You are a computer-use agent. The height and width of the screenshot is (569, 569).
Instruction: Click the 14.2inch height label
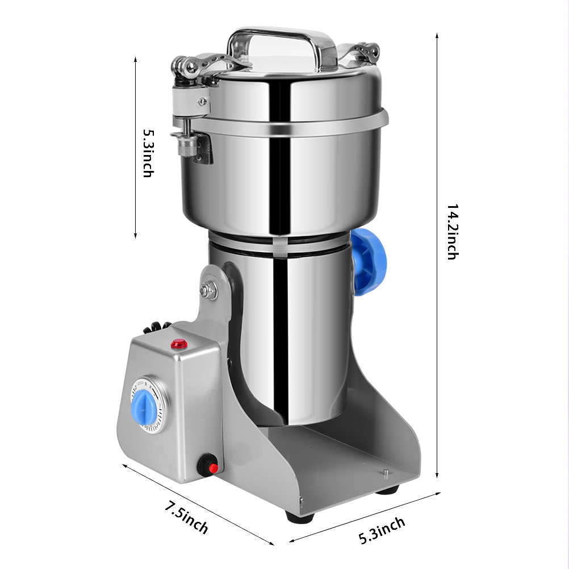[453, 232]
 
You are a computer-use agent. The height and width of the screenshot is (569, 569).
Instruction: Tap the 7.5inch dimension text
[186, 517]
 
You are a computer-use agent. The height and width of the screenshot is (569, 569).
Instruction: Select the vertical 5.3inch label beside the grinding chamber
[148, 153]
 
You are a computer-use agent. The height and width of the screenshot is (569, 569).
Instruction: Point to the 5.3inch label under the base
[382, 530]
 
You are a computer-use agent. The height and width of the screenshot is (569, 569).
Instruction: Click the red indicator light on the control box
[179, 344]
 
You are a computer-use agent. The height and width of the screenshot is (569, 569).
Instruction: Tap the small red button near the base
[213, 468]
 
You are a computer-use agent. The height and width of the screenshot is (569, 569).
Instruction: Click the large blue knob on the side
[368, 262]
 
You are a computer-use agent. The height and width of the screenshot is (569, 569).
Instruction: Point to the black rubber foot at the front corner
[299, 517]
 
